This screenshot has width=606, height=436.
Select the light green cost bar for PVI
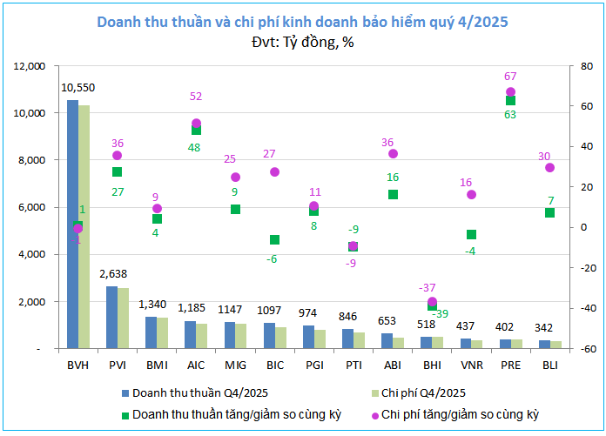coord(124,318)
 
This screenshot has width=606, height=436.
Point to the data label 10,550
coord(77,88)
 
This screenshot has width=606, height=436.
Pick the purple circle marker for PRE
coord(511,91)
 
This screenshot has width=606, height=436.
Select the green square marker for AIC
coord(197,130)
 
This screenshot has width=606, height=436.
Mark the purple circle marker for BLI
coord(549,167)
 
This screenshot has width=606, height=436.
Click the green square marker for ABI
coord(393,194)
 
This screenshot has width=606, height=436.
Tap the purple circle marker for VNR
coord(472,194)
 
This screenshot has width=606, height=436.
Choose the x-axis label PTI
coord(353,365)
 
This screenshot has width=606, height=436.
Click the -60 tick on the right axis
coord(577,349)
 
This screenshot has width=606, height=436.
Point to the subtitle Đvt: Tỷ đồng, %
coord(302,42)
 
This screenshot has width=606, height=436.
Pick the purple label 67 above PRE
coord(511,76)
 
